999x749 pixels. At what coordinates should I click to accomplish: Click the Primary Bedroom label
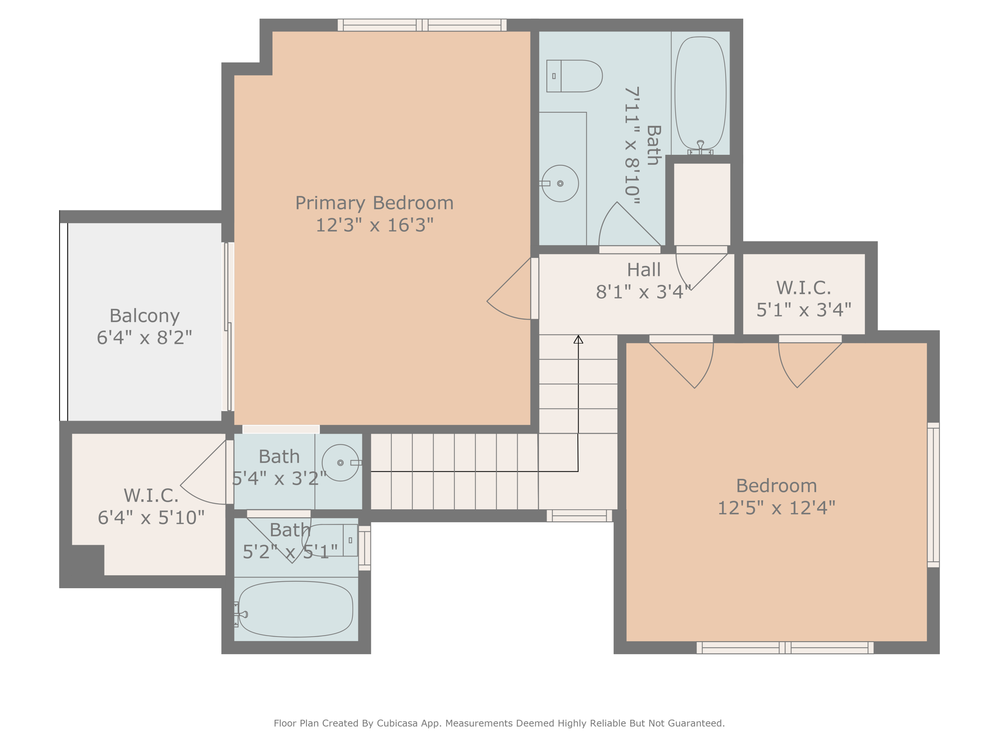[374, 203]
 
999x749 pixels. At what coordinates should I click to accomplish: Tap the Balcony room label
[145, 316]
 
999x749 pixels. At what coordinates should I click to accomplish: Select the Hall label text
[644, 270]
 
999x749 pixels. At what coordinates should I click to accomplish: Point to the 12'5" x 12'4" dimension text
[776, 508]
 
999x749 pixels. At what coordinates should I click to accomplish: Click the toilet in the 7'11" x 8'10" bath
[574, 76]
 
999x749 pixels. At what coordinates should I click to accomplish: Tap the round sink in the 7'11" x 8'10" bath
[560, 183]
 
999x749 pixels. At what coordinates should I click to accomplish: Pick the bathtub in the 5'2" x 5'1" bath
[295, 609]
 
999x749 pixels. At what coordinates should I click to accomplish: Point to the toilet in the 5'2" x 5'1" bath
[330, 540]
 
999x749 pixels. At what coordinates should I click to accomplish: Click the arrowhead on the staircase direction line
[578, 339]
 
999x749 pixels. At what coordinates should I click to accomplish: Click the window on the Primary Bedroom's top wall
[422, 25]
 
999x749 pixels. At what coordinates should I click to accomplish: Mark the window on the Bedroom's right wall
[933, 495]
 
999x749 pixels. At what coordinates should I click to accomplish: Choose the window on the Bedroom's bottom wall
[785, 647]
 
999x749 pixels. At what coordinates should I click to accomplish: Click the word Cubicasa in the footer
[397, 723]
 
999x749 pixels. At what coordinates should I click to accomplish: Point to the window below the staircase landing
[579, 516]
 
